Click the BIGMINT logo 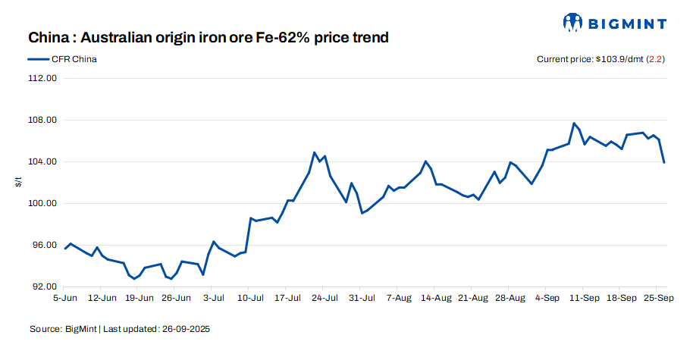pyautogui.click(x=616, y=22)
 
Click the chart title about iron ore pyautogui.click(x=209, y=37)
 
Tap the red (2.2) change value pyautogui.click(x=655, y=59)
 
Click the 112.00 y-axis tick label pyautogui.click(x=42, y=78)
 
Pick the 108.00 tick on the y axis pyautogui.click(x=42, y=120)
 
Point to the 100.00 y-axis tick pyautogui.click(x=42, y=203)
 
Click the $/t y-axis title pyautogui.click(x=20, y=182)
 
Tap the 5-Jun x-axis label pyautogui.click(x=66, y=299)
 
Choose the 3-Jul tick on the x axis pyautogui.click(x=213, y=299)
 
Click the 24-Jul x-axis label pyautogui.click(x=324, y=299)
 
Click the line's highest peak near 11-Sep pyautogui.click(x=574, y=123)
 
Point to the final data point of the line pyautogui.click(x=664, y=162)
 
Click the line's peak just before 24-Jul pyautogui.click(x=314, y=152)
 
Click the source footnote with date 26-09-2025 pyautogui.click(x=120, y=329)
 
